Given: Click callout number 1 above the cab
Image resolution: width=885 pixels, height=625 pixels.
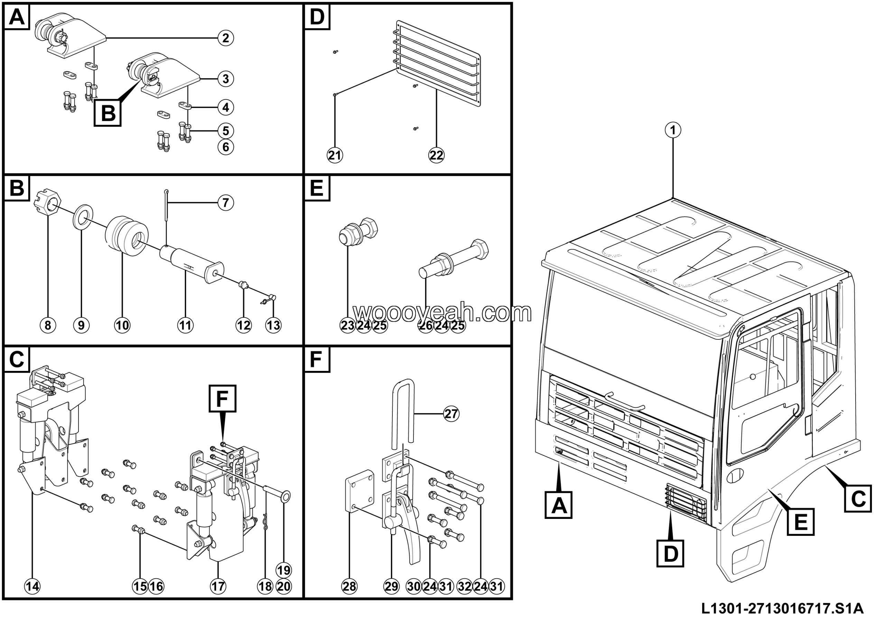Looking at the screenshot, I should coord(673,130).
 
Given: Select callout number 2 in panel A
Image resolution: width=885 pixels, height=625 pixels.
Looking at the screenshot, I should coord(225,38).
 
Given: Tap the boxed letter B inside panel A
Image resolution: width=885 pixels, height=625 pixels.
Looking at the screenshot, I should coord(108,113).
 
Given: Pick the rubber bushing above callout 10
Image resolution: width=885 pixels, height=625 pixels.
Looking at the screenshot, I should coord(127,236).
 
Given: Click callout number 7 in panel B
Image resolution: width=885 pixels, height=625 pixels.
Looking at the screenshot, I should coord(225,203).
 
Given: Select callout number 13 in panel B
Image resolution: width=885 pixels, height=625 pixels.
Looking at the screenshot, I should coord(273,325).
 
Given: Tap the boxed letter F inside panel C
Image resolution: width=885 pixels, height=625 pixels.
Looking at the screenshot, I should coord(222,399).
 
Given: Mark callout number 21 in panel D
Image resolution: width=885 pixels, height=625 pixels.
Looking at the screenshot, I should coord(335,155).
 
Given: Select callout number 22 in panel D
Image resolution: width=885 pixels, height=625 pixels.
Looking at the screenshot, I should coord(436,155).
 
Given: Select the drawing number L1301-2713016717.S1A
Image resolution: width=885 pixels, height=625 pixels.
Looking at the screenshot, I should coord(782,609).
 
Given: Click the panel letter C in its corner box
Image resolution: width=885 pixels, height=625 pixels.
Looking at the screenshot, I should coord(17,360).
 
